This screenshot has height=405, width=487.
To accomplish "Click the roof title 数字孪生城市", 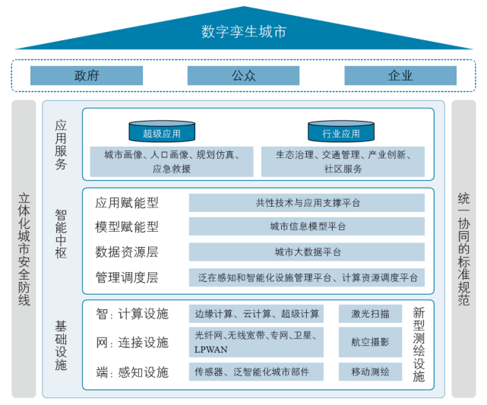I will point(244,31).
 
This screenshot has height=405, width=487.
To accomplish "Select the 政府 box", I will point(87,75).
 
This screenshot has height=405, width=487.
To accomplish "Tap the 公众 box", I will point(243,75).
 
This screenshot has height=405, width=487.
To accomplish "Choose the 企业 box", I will point(400,75).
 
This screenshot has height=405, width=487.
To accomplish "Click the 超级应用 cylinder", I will point(162,132).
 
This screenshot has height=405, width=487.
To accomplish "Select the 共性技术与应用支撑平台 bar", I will point(307,203).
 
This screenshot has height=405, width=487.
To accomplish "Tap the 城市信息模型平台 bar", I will point(307,226).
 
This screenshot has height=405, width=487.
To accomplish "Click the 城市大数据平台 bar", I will point(307,252).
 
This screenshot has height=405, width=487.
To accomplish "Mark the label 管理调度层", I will point(127,277).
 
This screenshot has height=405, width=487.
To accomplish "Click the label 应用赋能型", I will point(127,203).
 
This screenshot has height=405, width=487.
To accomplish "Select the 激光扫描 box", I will point(370,313).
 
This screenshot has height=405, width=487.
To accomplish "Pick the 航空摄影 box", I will point(370,342).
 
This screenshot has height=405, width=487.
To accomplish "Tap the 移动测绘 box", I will point(370,372).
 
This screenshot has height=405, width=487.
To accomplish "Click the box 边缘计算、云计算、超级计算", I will point(257,313).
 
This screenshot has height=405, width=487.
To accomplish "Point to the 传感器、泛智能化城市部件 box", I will point(257,372).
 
